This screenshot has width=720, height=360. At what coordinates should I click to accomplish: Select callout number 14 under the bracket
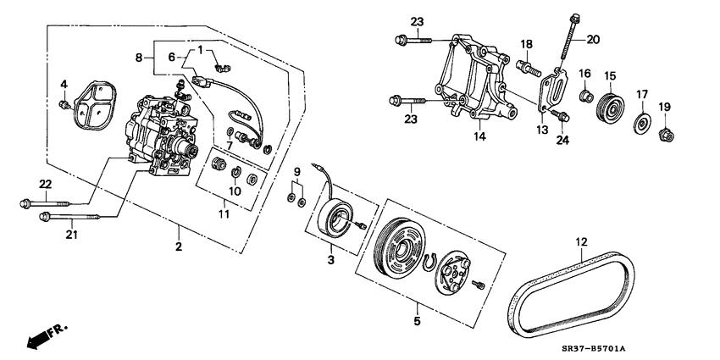[x=479, y=135]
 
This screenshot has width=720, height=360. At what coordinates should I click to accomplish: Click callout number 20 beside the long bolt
[x=593, y=38]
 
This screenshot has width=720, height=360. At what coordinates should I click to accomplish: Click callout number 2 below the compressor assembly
[x=179, y=247]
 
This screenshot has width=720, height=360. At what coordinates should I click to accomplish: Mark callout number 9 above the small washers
[x=296, y=172]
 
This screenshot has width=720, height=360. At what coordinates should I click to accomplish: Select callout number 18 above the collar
[x=526, y=43]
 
